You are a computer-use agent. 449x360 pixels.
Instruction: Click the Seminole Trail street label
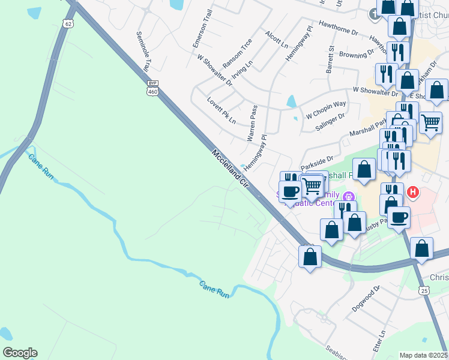(142, 52)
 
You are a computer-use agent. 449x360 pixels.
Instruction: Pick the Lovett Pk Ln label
(221, 110)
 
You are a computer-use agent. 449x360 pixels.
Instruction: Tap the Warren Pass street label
(253, 123)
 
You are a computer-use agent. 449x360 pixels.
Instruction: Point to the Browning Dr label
(357, 55)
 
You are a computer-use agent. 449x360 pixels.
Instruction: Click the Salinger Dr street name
(330, 122)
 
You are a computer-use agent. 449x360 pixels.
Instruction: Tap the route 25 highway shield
(424, 290)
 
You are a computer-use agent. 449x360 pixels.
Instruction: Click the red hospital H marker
(413, 192)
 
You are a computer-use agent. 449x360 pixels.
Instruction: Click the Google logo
(20, 353)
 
